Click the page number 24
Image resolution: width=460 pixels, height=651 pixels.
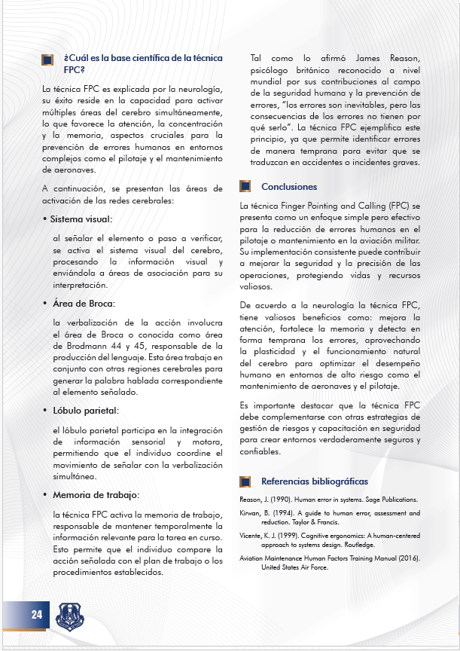[x=36, y=614]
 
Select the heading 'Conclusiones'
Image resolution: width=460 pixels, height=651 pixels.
[x=289, y=187]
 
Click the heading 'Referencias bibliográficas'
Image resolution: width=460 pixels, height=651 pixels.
[x=314, y=481]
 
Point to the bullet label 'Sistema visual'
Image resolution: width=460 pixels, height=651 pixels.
[x=81, y=219]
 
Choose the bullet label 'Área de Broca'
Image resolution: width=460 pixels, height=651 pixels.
[x=83, y=303]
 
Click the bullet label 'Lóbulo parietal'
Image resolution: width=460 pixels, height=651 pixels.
[x=84, y=411]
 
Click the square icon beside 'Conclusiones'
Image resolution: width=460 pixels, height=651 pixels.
[x=245, y=186]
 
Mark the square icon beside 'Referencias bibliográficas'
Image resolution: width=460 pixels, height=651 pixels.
[x=245, y=481]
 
